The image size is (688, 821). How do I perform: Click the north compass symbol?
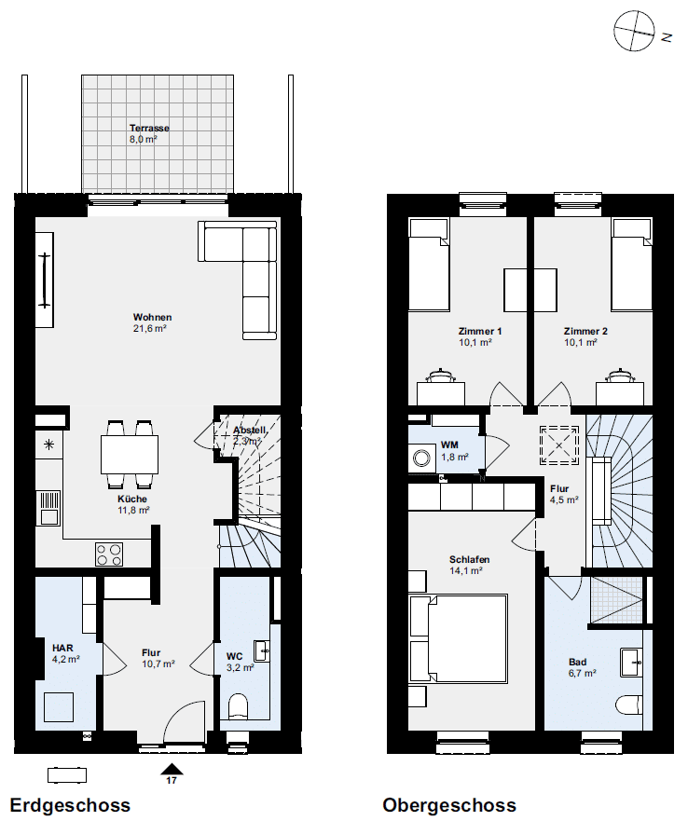pos(634,32)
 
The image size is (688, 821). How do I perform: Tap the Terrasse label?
pos(149,128)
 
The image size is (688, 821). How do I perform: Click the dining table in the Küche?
pos(130,455)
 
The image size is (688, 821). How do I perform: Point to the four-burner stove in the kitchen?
pos(109,554)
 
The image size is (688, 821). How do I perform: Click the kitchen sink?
pos(48,508)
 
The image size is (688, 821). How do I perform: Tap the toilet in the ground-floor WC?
pos(239,706)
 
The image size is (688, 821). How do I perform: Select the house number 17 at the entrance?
pos(172,780)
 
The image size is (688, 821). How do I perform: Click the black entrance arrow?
pos(172,769)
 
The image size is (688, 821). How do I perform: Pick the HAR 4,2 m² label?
pos(65,654)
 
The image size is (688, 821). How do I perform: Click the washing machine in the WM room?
pos(421,458)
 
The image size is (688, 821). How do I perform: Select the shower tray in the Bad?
pos(616,600)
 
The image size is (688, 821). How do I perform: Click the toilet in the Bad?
pos(628,705)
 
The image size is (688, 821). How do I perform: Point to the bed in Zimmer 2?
pos(632,265)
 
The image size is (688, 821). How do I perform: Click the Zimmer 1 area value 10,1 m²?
pos(475,342)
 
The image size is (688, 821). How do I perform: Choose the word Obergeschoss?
pos(449,805)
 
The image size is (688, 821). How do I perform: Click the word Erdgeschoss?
pos(70,805)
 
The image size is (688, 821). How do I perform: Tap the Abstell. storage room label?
pos(250,430)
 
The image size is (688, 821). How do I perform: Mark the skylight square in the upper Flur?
pos(559,445)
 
